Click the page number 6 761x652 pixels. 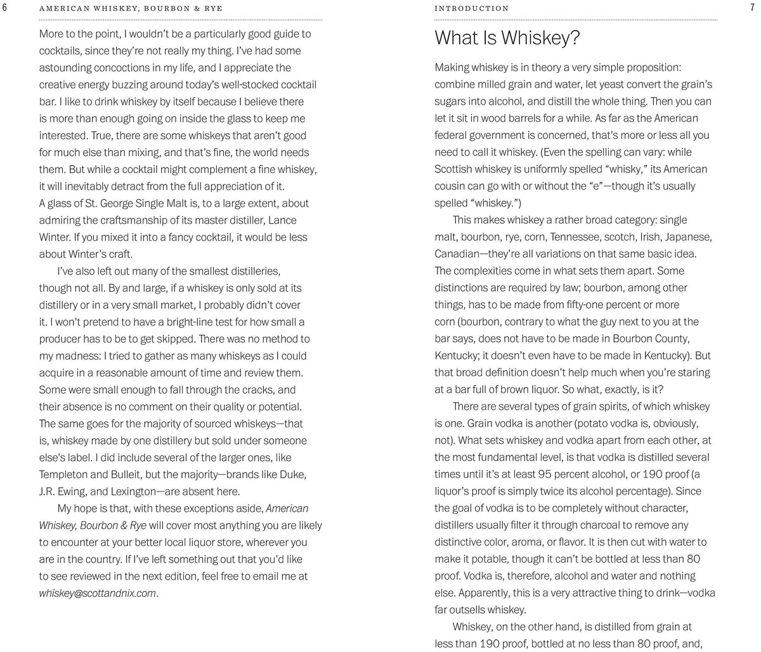click(x=5, y=8)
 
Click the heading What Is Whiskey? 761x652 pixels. click(x=507, y=39)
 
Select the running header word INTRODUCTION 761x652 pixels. click(x=471, y=8)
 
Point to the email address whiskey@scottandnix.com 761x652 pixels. click(x=98, y=594)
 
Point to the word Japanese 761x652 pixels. click(x=689, y=237)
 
